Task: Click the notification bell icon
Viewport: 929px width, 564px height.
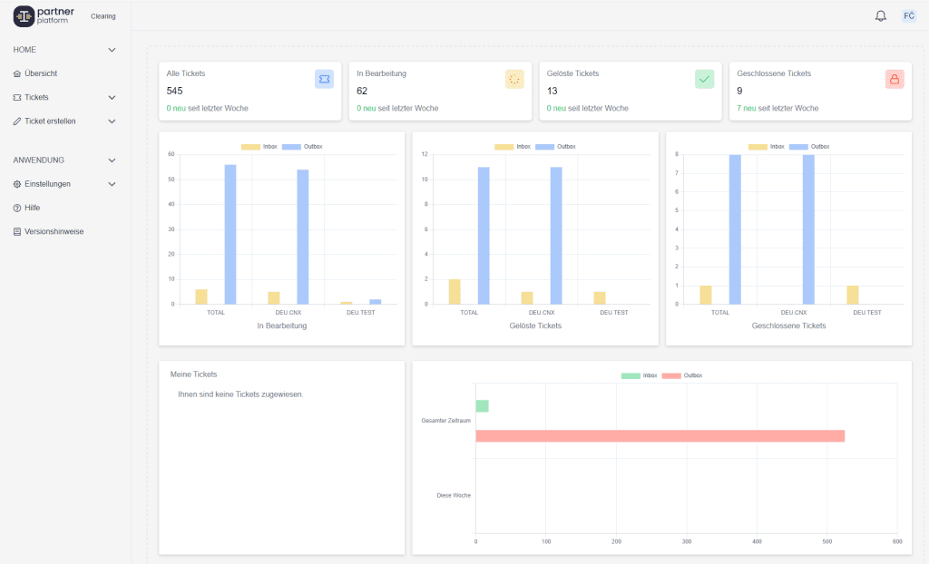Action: (880, 16)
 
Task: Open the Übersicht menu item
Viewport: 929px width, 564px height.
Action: (41, 73)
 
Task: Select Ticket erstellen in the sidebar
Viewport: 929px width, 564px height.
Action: (50, 121)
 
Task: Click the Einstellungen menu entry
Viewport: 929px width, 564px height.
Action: (47, 184)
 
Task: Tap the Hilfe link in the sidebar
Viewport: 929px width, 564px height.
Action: (32, 208)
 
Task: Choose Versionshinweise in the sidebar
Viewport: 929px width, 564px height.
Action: (54, 231)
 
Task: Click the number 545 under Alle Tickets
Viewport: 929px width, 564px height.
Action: (175, 91)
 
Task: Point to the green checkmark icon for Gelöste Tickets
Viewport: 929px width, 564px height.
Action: (705, 79)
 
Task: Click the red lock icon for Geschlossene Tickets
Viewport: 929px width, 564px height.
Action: (895, 79)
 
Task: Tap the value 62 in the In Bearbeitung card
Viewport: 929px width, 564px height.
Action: (362, 91)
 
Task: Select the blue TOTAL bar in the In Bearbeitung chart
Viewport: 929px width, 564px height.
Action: (230, 234)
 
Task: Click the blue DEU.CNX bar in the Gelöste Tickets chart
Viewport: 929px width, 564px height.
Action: (556, 235)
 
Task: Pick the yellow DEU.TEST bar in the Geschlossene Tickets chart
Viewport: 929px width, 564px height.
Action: (852, 295)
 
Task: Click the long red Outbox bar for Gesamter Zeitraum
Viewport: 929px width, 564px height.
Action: (660, 436)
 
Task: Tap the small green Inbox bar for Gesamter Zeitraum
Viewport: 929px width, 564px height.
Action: (482, 406)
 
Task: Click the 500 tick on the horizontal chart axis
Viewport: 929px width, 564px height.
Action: (826, 542)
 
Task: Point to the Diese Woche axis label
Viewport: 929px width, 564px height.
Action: (454, 495)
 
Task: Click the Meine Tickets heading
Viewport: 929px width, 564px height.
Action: (193, 374)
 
